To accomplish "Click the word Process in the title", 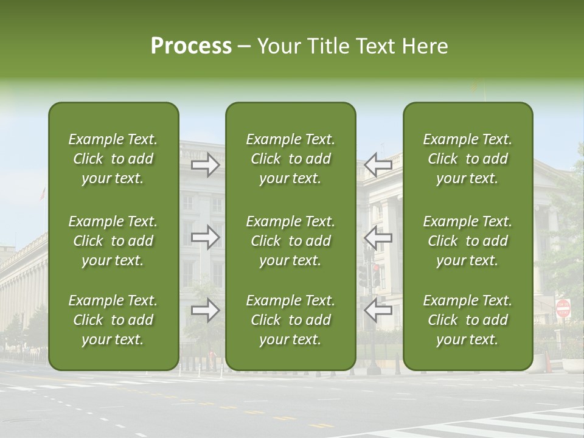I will (x=191, y=46).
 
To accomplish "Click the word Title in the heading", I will (x=327, y=46).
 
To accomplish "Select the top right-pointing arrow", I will (x=206, y=165).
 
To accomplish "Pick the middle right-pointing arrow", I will (x=206, y=237).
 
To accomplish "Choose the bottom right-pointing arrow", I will (x=206, y=310).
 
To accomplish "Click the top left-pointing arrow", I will (x=378, y=165).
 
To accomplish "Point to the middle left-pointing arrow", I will (x=378, y=237).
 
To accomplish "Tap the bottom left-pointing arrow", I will (x=378, y=310).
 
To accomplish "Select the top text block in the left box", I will (x=113, y=159).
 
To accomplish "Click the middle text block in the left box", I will (x=113, y=241).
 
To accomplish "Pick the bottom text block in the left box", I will (x=113, y=320).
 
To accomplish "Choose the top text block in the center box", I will (x=290, y=159).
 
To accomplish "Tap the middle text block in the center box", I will (x=290, y=241).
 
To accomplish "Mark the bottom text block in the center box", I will (x=290, y=320).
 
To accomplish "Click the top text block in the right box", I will (x=468, y=159).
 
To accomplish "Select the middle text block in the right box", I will (x=468, y=241).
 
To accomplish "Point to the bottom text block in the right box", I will (x=468, y=320).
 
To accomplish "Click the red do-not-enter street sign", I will (x=563, y=308).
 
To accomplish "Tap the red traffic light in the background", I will (x=377, y=268).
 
